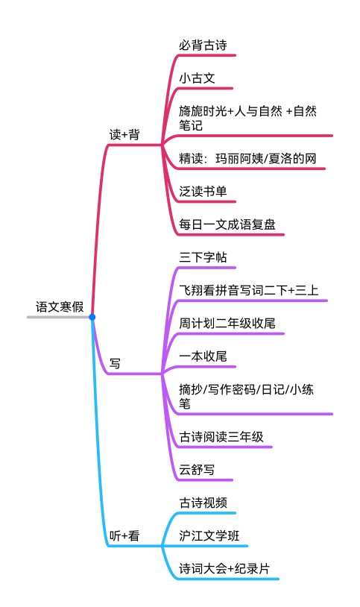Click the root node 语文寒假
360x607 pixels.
60,307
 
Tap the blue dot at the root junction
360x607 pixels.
92,317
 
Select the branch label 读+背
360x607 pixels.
124,135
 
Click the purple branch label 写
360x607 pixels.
115,363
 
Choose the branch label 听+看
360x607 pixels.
124,535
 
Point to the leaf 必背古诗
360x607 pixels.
203,45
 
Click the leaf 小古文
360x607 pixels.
197,78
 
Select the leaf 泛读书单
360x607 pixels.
203,191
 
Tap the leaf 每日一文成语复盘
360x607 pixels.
227,224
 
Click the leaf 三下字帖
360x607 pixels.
203,257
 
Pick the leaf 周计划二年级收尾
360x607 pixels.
227,323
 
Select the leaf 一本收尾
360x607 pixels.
203,356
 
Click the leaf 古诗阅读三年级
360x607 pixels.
221,437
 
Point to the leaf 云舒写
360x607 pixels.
197,470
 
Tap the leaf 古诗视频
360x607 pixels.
203,503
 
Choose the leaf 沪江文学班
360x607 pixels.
209,535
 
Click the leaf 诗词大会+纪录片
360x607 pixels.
224,569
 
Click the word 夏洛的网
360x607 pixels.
292,158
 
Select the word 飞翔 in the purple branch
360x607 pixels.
191,290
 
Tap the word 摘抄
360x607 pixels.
191,389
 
